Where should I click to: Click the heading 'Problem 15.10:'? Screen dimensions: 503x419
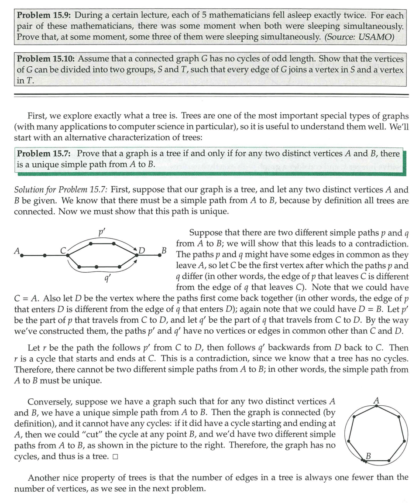46,58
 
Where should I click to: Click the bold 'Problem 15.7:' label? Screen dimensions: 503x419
45,154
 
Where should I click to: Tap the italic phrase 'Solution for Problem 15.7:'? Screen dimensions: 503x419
61,190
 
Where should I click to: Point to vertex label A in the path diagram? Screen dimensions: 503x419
17,251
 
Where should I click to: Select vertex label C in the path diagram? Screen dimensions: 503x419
63,250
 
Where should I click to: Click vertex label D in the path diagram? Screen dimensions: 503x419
141,251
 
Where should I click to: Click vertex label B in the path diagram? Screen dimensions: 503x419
164,250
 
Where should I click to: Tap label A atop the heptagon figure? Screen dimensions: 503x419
377,399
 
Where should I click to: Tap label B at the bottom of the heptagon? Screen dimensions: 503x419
368,456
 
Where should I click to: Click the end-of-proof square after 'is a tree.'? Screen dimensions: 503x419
115,457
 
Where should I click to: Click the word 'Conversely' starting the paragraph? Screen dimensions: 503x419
48,401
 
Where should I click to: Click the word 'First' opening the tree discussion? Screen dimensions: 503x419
37,116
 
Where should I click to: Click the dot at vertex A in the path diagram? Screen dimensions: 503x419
21,256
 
